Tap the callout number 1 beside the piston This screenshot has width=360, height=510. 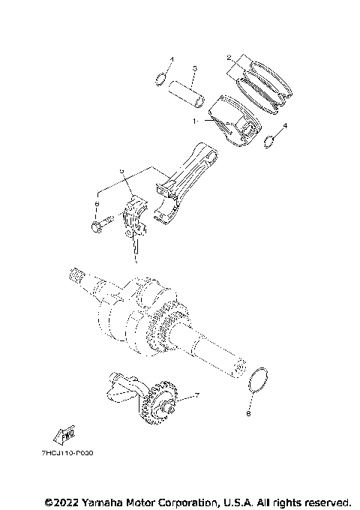[x=196, y=120]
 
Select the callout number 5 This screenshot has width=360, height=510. [x=121, y=171]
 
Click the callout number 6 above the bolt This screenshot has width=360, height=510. [x=97, y=202]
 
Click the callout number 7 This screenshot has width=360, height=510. [x=196, y=395]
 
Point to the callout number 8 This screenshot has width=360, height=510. [x=249, y=412]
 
